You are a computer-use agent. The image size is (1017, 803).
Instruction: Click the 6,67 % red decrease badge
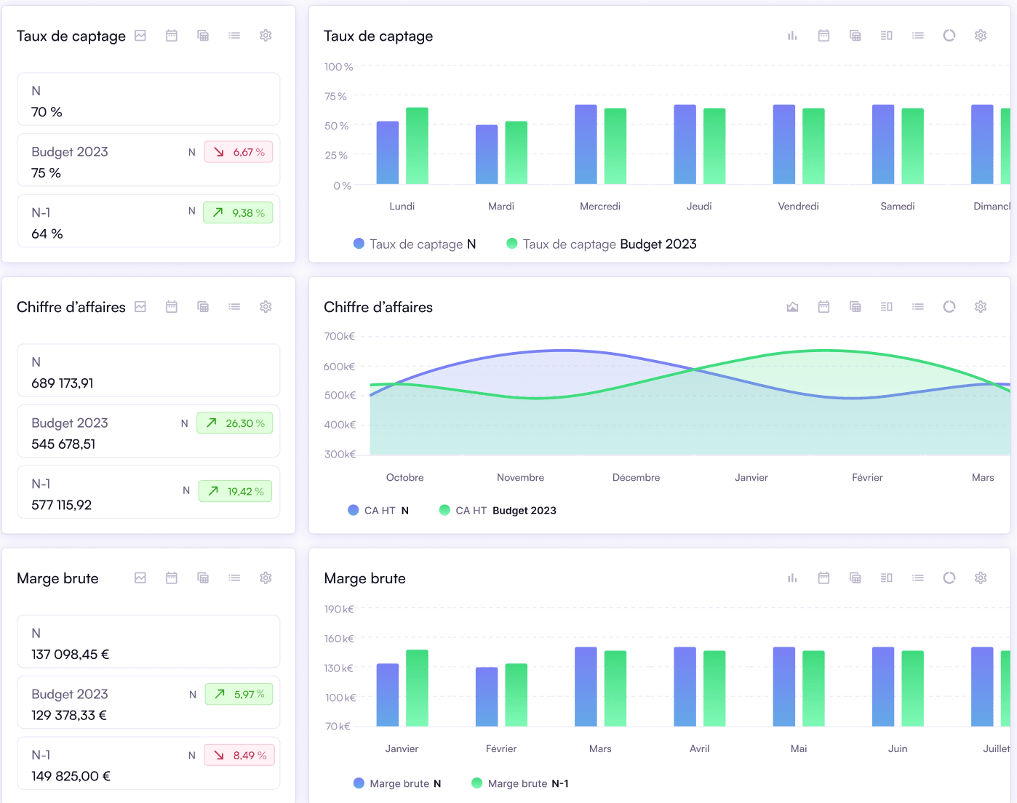[x=239, y=152]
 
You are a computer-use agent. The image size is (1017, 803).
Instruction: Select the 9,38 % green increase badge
[x=238, y=213]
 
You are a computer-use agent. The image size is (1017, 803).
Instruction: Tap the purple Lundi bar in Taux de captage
[x=388, y=153]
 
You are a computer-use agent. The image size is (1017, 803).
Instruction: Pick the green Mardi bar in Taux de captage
[x=516, y=153]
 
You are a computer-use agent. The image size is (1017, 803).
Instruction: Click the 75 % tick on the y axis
[x=335, y=96]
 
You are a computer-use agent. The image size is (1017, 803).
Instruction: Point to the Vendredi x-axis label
[x=798, y=207]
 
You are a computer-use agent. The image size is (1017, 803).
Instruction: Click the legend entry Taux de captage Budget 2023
[x=601, y=244]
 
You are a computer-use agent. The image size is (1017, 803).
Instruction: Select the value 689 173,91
[x=63, y=383]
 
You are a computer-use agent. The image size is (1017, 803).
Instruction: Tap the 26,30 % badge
[x=235, y=423]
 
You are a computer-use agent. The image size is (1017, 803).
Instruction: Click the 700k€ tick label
[x=340, y=336]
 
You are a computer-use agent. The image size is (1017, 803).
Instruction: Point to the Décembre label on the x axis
[x=636, y=478]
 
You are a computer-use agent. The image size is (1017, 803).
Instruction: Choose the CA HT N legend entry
[x=378, y=511]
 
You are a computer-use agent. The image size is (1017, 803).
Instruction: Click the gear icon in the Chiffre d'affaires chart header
[x=981, y=307]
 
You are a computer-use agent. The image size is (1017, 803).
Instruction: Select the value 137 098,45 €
[x=71, y=655]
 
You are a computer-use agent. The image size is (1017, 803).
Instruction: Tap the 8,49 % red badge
[x=239, y=756]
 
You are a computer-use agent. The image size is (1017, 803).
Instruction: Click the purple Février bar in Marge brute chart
[x=487, y=697]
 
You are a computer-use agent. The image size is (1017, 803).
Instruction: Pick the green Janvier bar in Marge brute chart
[x=417, y=688]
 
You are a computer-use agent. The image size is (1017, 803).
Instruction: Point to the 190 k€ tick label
[x=339, y=609]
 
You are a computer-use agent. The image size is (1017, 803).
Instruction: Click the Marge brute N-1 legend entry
[x=520, y=783]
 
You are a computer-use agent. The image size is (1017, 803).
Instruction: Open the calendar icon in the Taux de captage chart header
[x=823, y=36]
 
